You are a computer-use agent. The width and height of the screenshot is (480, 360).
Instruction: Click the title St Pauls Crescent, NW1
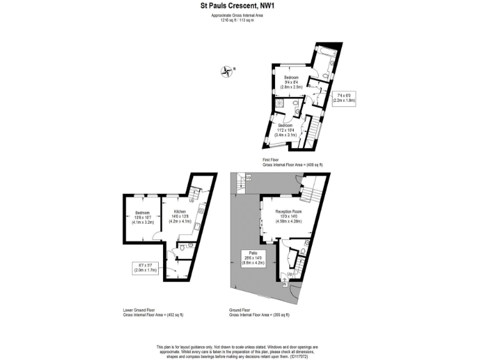[x=240, y=6]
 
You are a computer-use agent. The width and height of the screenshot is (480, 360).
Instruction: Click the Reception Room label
[x=289, y=216]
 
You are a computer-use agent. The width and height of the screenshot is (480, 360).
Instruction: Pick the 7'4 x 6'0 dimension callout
[x=343, y=98]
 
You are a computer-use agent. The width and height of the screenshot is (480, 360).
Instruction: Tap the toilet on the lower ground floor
[x=181, y=247]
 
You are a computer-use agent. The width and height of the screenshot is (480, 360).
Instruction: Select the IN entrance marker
[x=286, y=284]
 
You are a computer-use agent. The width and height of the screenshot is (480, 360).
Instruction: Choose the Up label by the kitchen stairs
[x=191, y=201]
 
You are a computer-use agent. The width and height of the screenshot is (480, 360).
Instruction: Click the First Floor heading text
[x=271, y=160]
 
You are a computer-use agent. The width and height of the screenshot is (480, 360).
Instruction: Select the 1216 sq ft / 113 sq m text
[x=240, y=19]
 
